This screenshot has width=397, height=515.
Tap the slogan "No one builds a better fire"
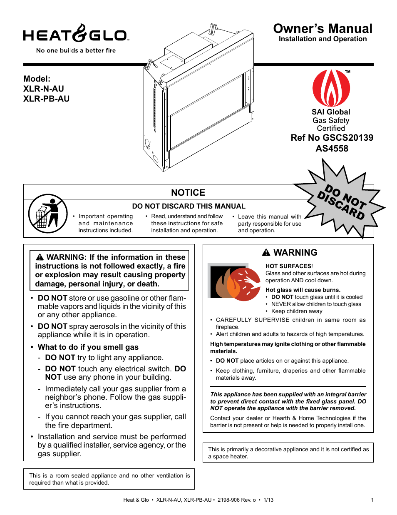click(x=76, y=50)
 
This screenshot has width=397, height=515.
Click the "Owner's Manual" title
click(x=323, y=28)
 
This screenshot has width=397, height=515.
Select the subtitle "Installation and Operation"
click(x=323, y=39)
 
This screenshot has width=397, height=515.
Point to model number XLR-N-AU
click(x=44, y=89)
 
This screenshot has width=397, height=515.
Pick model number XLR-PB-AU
click(x=46, y=99)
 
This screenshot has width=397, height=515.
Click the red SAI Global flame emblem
click(x=331, y=88)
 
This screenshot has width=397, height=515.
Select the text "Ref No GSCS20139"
click(x=332, y=138)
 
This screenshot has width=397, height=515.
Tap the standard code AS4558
click(x=332, y=149)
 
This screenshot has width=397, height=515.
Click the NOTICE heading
click(x=188, y=193)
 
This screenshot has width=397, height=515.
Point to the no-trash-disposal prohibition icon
click(x=48, y=214)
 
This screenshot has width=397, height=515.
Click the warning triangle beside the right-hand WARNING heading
click(x=266, y=253)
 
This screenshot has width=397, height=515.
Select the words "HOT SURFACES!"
click(x=289, y=266)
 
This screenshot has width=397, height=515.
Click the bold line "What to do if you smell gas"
click(x=88, y=347)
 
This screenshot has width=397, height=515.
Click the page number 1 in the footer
click(x=372, y=500)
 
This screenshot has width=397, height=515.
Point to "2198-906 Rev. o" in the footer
click(x=236, y=500)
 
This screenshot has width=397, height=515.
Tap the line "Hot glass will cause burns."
click(x=303, y=290)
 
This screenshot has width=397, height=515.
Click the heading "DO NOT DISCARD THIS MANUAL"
click(x=189, y=206)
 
